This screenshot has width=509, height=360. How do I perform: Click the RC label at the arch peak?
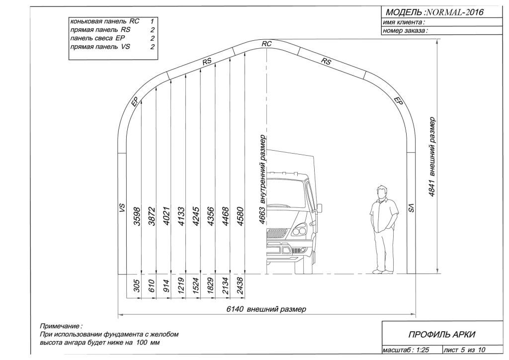pyautogui.click(x=267, y=44)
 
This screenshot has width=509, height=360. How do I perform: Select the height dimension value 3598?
pyautogui.click(x=137, y=216)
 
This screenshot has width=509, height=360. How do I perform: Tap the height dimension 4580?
pyautogui.click(x=241, y=216)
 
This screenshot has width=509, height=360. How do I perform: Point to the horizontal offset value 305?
pyautogui.click(x=137, y=285)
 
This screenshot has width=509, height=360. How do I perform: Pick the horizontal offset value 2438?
pyautogui.click(x=241, y=285)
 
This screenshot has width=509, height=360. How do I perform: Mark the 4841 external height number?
pyautogui.click(x=431, y=188)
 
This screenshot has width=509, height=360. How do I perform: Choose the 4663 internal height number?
pyautogui.click(x=262, y=215)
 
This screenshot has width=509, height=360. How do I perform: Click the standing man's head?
pyautogui.click(x=382, y=192)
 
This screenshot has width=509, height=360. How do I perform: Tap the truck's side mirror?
pyautogui.click(x=320, y=209)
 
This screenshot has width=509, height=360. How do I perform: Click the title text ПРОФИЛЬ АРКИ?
pyautogui.click(x=441, y=334)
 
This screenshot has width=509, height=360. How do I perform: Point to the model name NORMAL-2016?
pyautogui.click(x=454, y=12)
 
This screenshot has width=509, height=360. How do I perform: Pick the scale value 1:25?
pyautogui.click(x=423, y=350)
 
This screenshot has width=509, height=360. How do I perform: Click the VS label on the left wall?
pyautogui.click(x=122, y=208)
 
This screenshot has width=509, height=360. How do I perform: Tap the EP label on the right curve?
pyautogui.click(x=399, y=101)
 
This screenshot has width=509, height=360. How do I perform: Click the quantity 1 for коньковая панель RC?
pyautogui.click(x=152, y=21)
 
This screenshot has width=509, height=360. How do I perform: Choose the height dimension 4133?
pyautogui.click(x=181, y=216)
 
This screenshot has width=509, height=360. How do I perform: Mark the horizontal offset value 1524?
pyautogui.click(x=196, y=285)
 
